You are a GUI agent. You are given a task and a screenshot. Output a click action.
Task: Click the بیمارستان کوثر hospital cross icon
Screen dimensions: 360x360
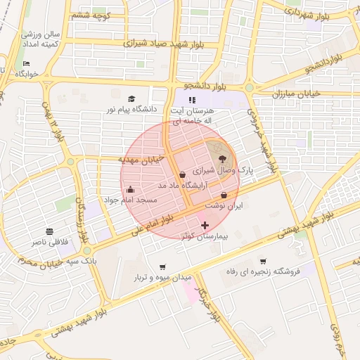coord(205,225)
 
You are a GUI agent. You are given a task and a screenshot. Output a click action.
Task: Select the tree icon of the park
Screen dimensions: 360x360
coord(224,159)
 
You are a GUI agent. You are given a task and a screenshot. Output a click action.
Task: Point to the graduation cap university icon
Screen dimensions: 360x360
coord(131,99)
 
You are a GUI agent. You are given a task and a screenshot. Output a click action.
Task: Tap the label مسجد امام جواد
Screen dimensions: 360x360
coord(130,201)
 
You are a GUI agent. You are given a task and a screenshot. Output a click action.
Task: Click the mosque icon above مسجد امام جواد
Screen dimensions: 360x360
coord(130,189)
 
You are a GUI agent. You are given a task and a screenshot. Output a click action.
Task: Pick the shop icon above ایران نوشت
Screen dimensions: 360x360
coord(224,195)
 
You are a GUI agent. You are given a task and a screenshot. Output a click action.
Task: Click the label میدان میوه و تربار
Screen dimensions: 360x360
coord(163,278)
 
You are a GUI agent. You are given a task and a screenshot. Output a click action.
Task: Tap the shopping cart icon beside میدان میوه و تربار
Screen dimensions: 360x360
coord(163,266)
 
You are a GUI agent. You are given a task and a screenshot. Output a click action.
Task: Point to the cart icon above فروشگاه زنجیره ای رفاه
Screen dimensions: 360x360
coord(263,261)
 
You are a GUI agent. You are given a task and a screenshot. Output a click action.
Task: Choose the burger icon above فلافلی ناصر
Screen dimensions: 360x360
coord(49,231)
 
